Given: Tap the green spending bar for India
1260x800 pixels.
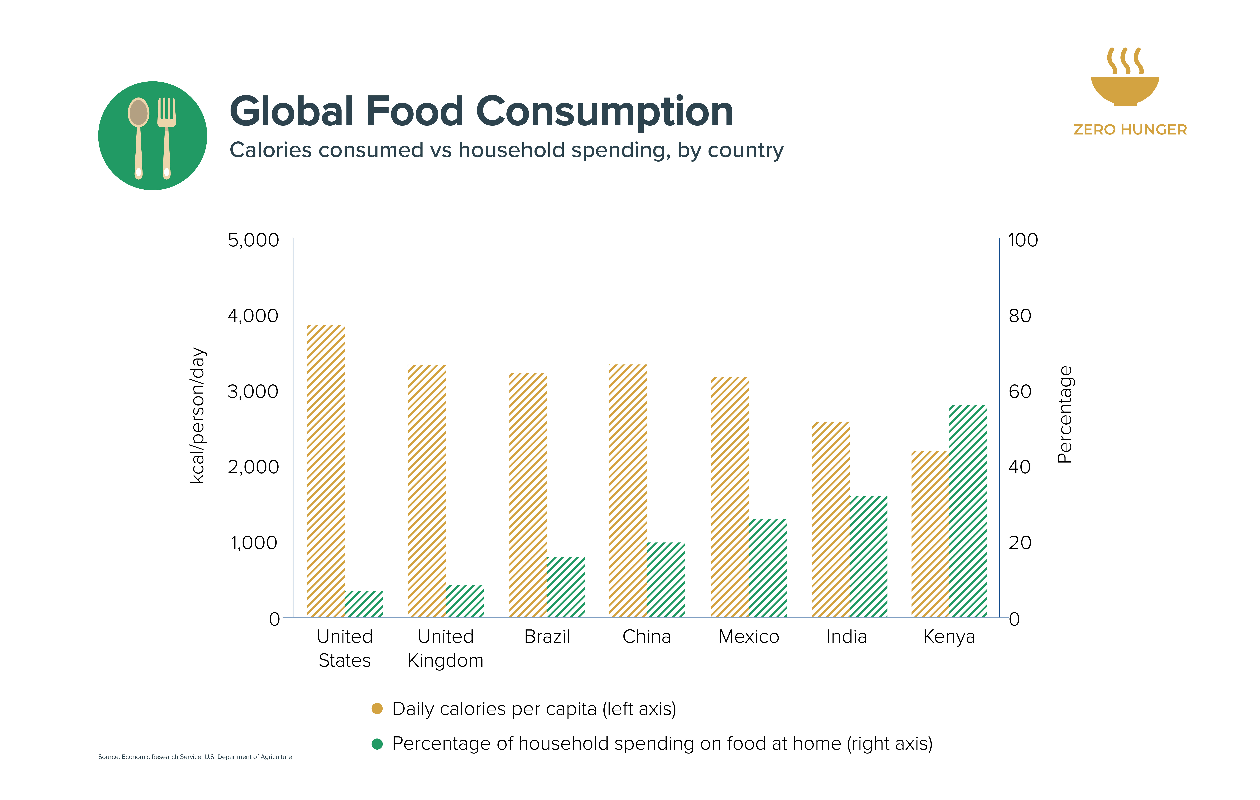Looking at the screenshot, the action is [869, 557].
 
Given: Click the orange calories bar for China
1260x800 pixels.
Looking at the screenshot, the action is [628, 491].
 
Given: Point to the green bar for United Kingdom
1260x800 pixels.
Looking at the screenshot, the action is [465, 601].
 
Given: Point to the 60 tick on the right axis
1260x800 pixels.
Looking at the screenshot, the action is [1020, 391].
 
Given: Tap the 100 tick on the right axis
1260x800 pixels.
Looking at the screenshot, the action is [1023, 240].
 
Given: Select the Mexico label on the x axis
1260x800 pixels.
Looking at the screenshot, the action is [749, 637].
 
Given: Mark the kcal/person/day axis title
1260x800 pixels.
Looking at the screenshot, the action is [198, 415].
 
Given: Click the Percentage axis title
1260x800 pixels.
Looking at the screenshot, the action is [1065, 414].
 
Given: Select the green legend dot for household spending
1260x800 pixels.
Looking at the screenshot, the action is [377, 743].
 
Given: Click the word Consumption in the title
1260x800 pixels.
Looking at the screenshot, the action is [604, 112].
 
